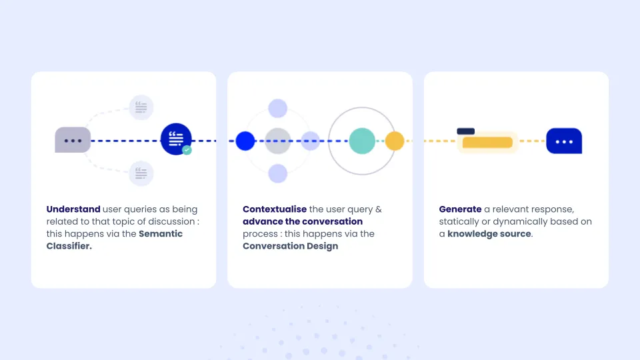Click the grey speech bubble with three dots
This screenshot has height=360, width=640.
pyautogui.click(x=73, y=140)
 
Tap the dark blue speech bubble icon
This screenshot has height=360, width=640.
pyautogui.click(x=564, y=141)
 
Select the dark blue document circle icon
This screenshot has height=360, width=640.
pyautogui.click(x=176, y=139)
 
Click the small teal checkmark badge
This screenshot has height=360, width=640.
pyautogui.click(x=187, y=150)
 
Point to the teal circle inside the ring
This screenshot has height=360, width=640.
pyautogui.click(x=362, y=141)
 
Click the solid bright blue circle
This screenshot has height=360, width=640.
pyautogui.click(x=245, y=141)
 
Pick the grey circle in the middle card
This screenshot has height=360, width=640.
pyautogui.click(x=278, y=141)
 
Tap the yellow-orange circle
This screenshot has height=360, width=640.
pyautogui.click(x=395, y=141)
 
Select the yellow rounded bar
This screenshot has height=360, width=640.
pyautogui.click(x=487, y=142)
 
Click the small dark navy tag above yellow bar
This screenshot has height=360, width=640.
pyautogui.click(x=466, y=131)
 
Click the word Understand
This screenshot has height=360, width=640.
pyautogui.click(x=73, y=209)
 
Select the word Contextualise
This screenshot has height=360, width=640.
pyautogui.click(x=275, y=209)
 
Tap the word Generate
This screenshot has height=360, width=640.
pyautogui.click(x=461, y=209)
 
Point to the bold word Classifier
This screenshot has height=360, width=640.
pyautogui.click(x=69, y=246)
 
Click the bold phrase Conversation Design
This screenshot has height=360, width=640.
pyautogui.click(x=291, y=246)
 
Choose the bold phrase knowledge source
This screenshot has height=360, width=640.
pyautogui.click(x=489, y=234)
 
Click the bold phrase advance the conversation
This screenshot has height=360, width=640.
pyautogui.click(x=303, y=221)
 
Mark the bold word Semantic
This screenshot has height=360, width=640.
pyautogui.click(x=161, y=234)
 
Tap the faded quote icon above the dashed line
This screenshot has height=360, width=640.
pyautogui.click(x=141, y=107)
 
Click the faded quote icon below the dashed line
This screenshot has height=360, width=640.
pyautogui.click(x=141, y=173)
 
